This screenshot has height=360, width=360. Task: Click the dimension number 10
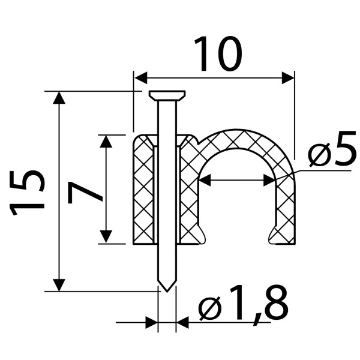coord(218,54)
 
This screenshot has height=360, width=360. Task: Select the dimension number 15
coord(26,193)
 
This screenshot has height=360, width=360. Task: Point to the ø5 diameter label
coord(332,149)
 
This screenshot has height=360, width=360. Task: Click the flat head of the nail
coord(167,95)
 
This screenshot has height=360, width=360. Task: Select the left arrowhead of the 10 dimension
coord(141,78)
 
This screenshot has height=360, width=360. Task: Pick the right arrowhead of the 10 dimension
coord(288,78)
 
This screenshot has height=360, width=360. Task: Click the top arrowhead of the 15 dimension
coord(59,98)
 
